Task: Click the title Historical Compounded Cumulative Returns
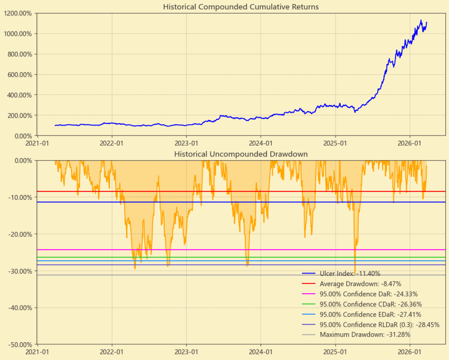point(241,7)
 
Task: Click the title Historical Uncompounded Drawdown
point(241,154)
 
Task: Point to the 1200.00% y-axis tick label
point(19,13)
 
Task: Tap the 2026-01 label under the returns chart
point(410,144)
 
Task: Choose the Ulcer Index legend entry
point(350,274)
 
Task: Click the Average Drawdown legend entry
point(360,284)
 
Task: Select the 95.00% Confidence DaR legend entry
point(368,294)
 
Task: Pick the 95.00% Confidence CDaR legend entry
point(370,304)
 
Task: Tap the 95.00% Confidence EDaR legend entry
point(370,314)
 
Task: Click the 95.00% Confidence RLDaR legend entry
point(379,324)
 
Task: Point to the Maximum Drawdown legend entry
point(365,335)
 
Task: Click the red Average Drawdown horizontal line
point(162,191)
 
